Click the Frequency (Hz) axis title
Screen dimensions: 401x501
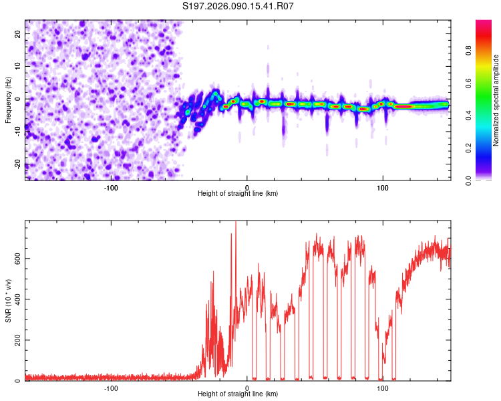coord(8,100)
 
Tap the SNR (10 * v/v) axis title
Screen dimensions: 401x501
coord(8,300)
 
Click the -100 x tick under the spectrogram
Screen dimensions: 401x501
coord(111,188)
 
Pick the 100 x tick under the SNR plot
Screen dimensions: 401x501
coord(383,388)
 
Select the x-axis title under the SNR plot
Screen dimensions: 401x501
coord(238,394)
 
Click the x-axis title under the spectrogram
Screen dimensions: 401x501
coord(238,194)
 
